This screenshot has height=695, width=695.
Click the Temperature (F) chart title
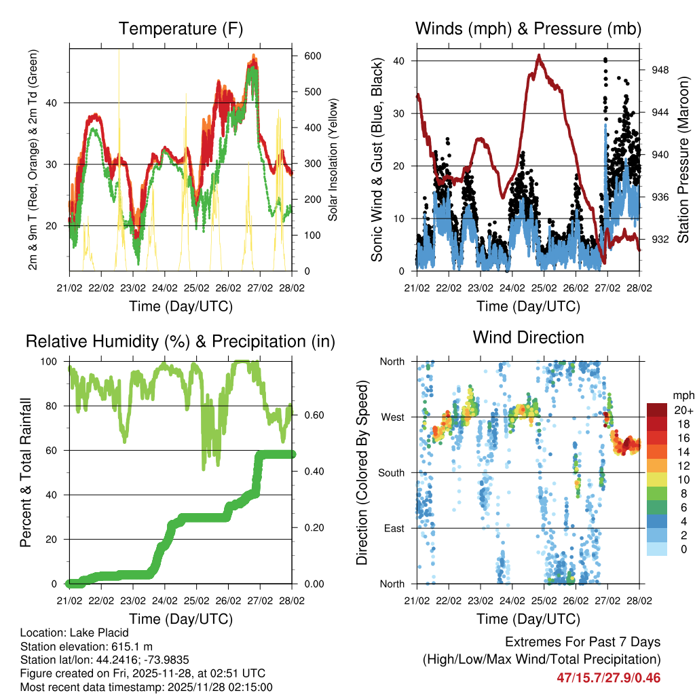click(181, 29)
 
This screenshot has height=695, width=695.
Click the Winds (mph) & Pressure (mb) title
click(528, 29)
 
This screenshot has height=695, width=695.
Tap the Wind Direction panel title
click(528, 337)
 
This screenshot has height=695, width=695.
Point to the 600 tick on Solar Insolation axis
click(312, 56)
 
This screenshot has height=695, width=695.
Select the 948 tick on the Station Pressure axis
click(661, 69)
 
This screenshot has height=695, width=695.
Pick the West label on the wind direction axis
click(393, 417)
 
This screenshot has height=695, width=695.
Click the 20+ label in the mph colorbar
click(682, 410)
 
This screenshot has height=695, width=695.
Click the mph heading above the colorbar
click(681, 396)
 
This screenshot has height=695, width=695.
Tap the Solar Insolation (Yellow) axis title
click(333, 159)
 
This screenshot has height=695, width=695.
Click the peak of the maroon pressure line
click(540, 56)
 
